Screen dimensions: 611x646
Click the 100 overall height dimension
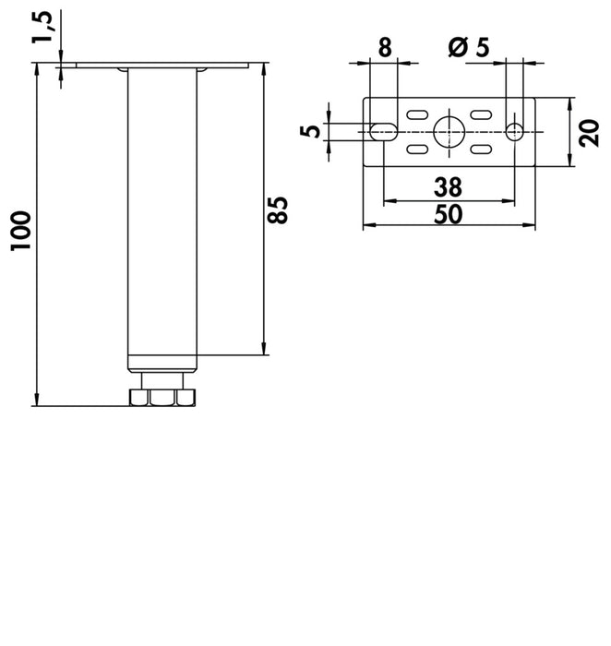click(20, 231)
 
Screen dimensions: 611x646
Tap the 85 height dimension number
click(277, 210)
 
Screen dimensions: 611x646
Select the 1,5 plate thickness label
click(42, 27)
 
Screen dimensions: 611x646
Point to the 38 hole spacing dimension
click(449, 187)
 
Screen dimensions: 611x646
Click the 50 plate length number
click(449, 214)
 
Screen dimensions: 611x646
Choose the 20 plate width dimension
click(589, 133)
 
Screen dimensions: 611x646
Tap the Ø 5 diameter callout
click(469, 47)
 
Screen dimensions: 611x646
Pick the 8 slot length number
click(385, 47)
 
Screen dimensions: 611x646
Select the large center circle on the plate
click(449, 132)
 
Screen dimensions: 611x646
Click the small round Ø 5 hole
click(515, 132)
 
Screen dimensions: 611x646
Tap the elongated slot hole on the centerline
click(384, 132)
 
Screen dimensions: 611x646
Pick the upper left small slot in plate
click(417, 114)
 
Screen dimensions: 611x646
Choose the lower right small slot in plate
click(481, 149)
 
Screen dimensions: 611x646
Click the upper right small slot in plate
click(481, 114)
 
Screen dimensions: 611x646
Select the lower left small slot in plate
click(417, 149)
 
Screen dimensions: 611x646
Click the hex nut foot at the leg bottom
click(162, 397)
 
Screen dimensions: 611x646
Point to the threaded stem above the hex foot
click(162, 380)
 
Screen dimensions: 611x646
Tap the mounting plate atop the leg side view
click(162, 66)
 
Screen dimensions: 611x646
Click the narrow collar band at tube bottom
click(162, 364)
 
